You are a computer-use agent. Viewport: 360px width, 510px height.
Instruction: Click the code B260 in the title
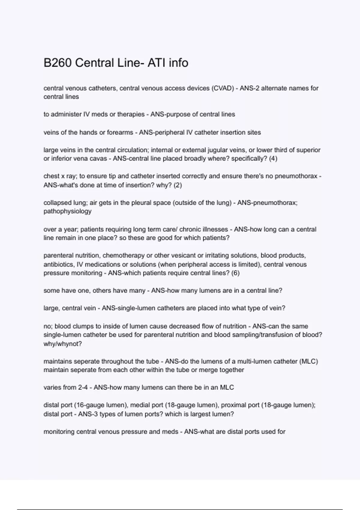(x=57, y=63)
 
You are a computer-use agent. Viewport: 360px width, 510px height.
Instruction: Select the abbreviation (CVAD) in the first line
(x=223, y=88)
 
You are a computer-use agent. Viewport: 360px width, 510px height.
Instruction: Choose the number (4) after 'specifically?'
(x=273, y=158)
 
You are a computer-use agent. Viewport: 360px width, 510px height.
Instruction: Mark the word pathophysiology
(x=67, y=211)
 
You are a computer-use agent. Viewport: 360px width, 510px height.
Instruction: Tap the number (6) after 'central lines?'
(x=235, y=273)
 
